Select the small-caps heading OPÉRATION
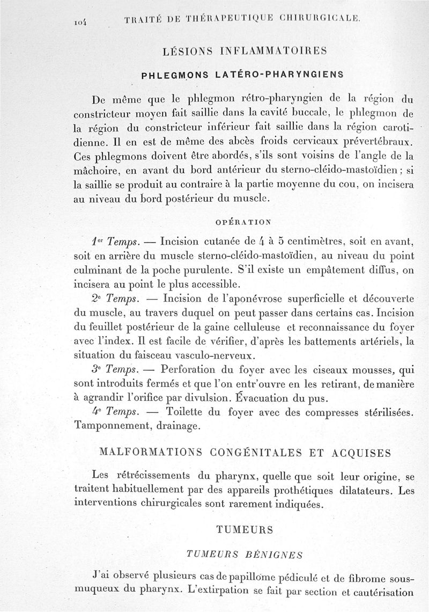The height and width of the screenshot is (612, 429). click(x=243, y=220)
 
